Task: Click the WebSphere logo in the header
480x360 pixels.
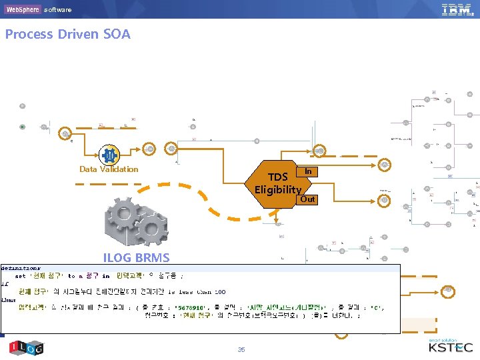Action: tap(22, 9)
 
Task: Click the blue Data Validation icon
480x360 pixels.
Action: tap(109, 155)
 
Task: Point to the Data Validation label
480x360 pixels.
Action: tap(109, 169)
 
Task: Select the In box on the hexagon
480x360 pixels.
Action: tap(308, 171)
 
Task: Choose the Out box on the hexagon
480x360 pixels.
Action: tap(307, 199)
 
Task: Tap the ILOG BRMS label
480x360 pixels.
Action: tap(136, 257)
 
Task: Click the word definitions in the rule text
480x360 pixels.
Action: tap(21, 267)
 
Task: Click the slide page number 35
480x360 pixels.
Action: tap(241, 349)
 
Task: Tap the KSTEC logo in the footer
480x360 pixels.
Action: tap(450, 347)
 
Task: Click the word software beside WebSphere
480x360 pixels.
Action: tap(58, 10)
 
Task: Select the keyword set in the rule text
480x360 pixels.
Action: tap(21, 275)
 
